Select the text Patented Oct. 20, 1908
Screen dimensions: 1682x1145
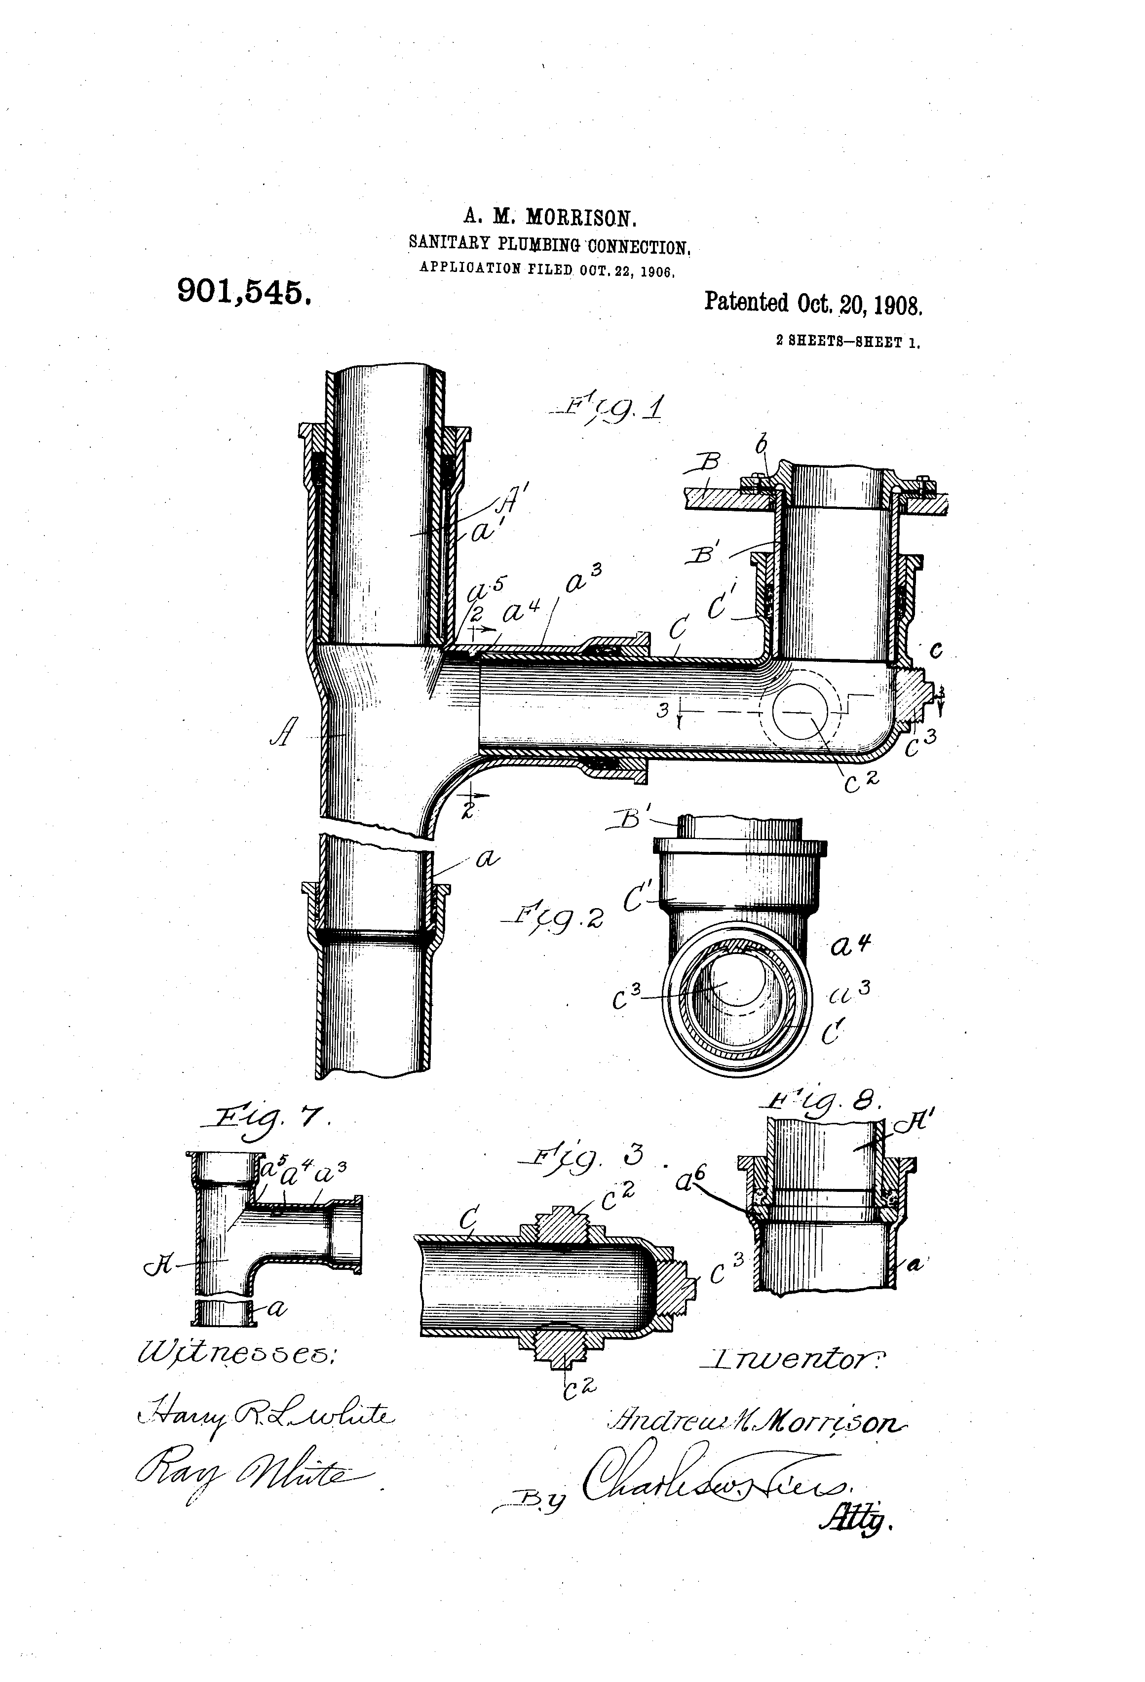pyautogui.click(x=813, y=303)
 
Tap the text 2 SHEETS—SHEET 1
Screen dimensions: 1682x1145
pyautogui.click(x=847, y=343)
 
